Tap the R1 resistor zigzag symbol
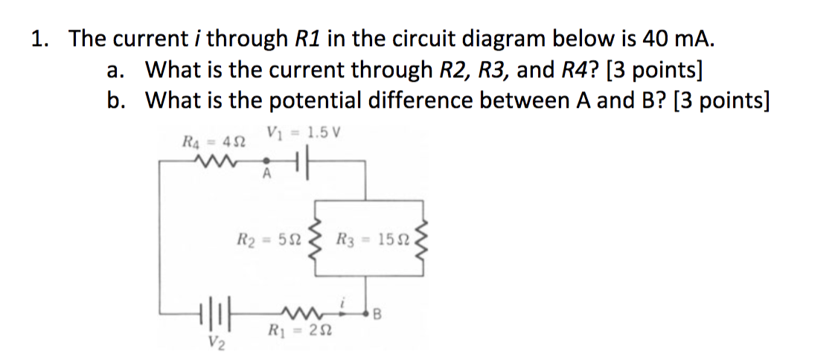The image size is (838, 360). pos(298,309)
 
